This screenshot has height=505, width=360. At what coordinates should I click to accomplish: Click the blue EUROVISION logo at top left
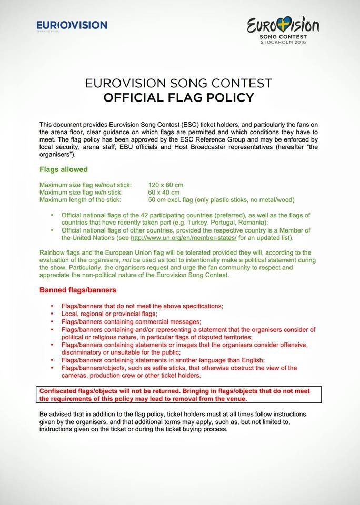[x=72, y=25]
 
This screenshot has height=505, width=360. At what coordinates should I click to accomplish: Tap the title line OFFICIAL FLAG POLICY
[x=178, y=97]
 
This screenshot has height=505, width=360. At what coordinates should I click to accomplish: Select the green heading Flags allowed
[x=64, y=170]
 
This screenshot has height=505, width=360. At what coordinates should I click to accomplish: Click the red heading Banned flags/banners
[x=78, y=290]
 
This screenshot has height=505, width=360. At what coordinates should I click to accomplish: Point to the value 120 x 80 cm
[x=166, y=185]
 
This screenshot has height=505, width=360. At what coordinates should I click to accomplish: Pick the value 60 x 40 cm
[x=164, y=192]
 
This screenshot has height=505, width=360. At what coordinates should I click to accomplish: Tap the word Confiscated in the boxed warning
[x=59, y=391]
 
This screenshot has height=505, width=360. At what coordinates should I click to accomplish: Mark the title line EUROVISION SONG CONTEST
[x=178, y=84]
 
